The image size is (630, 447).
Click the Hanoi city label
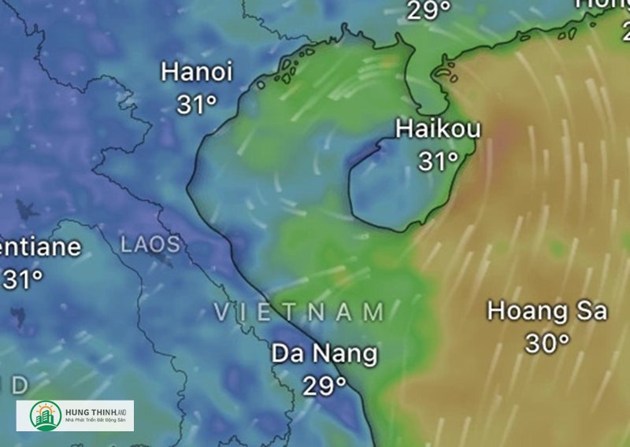197,72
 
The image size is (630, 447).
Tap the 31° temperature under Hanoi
196,104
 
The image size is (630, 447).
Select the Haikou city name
438,129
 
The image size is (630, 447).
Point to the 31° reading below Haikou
438,161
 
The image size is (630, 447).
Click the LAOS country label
150,244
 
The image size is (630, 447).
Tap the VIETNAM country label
299,312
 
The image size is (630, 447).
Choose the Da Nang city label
324,353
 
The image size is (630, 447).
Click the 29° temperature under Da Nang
324,385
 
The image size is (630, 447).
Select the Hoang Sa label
547,311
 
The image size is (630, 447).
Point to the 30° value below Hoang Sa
547,343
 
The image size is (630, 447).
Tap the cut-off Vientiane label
39,247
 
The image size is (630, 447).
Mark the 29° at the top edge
429,10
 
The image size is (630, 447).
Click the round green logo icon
46,416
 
